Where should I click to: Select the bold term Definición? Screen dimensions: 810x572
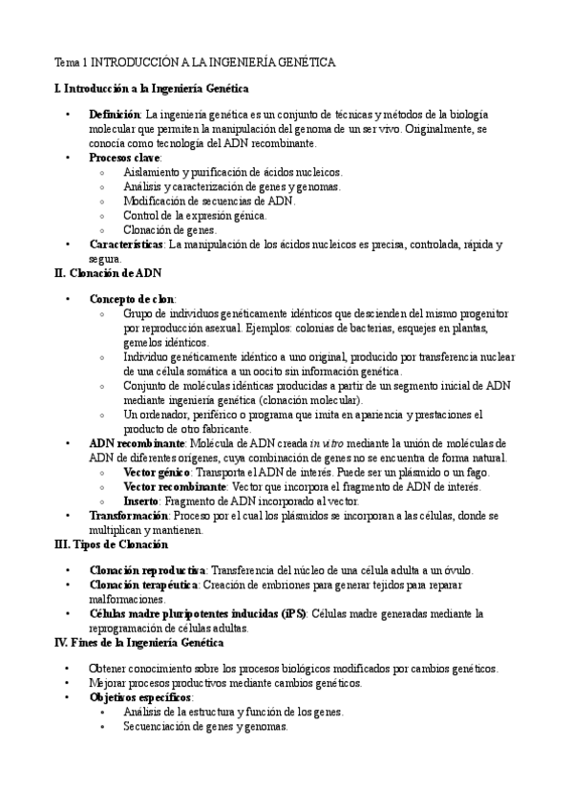pyautogui.click(x=114, y=115)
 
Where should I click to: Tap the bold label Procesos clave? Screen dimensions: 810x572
pyautogui.click(x=124, y=158)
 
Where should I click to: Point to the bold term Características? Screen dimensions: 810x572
pyautogui.click(x=126, y=245)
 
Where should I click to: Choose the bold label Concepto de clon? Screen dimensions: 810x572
pyautogui.click(x=131, y=299)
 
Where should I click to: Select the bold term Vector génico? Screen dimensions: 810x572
pyautogui.click(x=157, y=473)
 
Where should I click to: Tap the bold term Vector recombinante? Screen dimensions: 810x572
pyautogui.click(x=168, y=487)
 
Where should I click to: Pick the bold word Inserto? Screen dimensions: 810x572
pyautogui.click(x=142, y=501)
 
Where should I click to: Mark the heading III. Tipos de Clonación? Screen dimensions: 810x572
pyautogui.click(x=112, y=544)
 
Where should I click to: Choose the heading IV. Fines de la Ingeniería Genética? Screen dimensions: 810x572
pyautogui.click(x=153, y=643)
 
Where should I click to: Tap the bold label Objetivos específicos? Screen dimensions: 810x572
pyautogui.click(x=134, y=698)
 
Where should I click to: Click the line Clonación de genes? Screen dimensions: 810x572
pyautogui.click(x=170, y=229)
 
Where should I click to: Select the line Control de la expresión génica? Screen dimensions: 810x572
pyautogui.click(x=195, y=216)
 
